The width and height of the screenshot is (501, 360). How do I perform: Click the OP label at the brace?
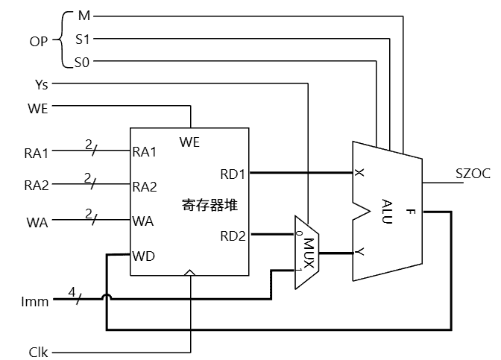[x=39, y=40]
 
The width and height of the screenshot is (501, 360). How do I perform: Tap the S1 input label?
[x=82, y=39]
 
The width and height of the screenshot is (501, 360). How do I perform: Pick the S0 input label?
[x=82, y=63]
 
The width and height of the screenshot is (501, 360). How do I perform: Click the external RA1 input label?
[x=36, y=154]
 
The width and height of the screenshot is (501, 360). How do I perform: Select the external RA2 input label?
[x=36, y=186]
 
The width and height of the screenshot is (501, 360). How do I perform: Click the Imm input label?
[x=36, y=302]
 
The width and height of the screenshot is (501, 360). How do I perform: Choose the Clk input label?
[x=38, y=350]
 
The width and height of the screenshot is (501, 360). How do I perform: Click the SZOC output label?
[x=473, y=174]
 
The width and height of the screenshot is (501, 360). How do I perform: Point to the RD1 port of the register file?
[x=233, y=174]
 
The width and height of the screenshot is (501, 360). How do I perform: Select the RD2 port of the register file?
[x=233, y=236]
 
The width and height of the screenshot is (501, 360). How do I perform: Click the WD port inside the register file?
[x=144, y=256]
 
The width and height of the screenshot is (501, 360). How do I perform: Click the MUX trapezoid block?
[x=307, y=252]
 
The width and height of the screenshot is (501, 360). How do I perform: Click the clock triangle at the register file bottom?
[x=190, y=273]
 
